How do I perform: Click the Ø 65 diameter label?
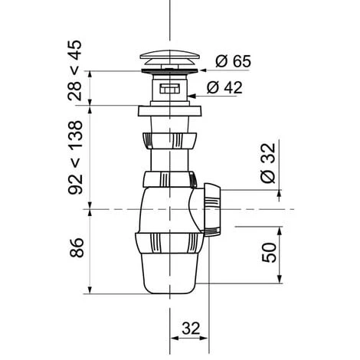point(234,61)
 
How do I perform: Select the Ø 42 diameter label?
point(224,87)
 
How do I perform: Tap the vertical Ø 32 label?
point(268,163)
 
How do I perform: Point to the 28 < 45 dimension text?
point(75,70)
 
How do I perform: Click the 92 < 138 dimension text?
point(76,158)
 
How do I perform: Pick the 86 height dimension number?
point(77,247)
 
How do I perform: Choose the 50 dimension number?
point(270,253)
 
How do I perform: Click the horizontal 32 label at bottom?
point(191,329)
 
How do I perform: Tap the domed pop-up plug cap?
point(170,57)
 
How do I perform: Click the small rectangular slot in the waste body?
point(170,89)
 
